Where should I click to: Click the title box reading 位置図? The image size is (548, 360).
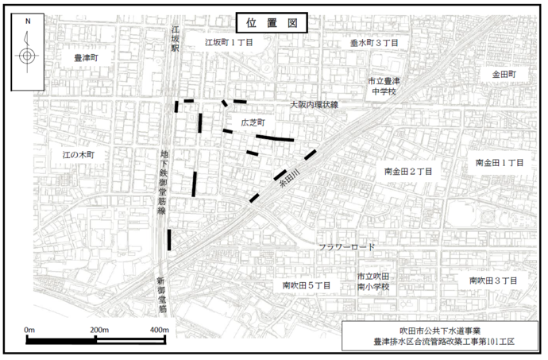point(272,23)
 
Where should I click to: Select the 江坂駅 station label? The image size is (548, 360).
point(176,37)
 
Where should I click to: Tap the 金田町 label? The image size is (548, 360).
point(503,74)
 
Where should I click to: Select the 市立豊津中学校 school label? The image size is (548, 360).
point(385,86)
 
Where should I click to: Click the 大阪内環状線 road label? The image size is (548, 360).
point(314,104)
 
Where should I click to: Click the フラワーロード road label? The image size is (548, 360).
point(346,247)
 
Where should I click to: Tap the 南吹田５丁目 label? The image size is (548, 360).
point(306,285)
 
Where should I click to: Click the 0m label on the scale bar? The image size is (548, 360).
point(29,329)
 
